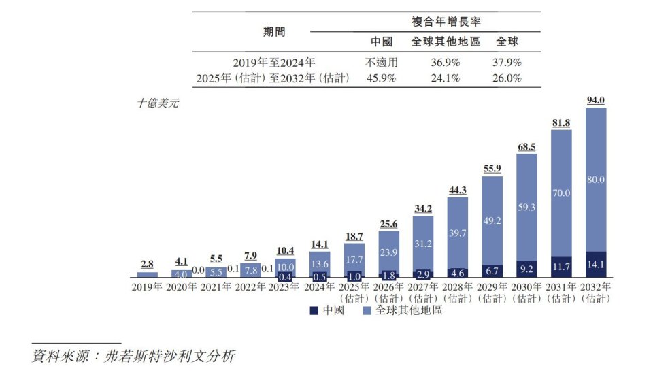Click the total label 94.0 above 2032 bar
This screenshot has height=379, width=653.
click(595, 101)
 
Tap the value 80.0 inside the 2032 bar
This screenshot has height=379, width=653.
click(595, 180)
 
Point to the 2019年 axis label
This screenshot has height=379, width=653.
click(147, 287)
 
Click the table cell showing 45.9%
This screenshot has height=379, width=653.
click(381, 78)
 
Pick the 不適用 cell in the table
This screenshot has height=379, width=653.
click(381, 62)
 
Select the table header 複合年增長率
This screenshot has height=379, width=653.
click(446, 22)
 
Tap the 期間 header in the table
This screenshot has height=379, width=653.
click(274, 31)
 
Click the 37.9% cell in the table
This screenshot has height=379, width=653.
click(507, 62)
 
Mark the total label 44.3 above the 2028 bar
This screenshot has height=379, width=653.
click(457, 190)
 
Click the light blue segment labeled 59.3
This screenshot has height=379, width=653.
click(526, 207)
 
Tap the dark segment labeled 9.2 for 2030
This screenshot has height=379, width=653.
click(526, 269)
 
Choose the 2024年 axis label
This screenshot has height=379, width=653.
click(319, 287)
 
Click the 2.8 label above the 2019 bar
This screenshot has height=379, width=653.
click(147, 264)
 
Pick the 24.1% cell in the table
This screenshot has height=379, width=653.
click(446, 78)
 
